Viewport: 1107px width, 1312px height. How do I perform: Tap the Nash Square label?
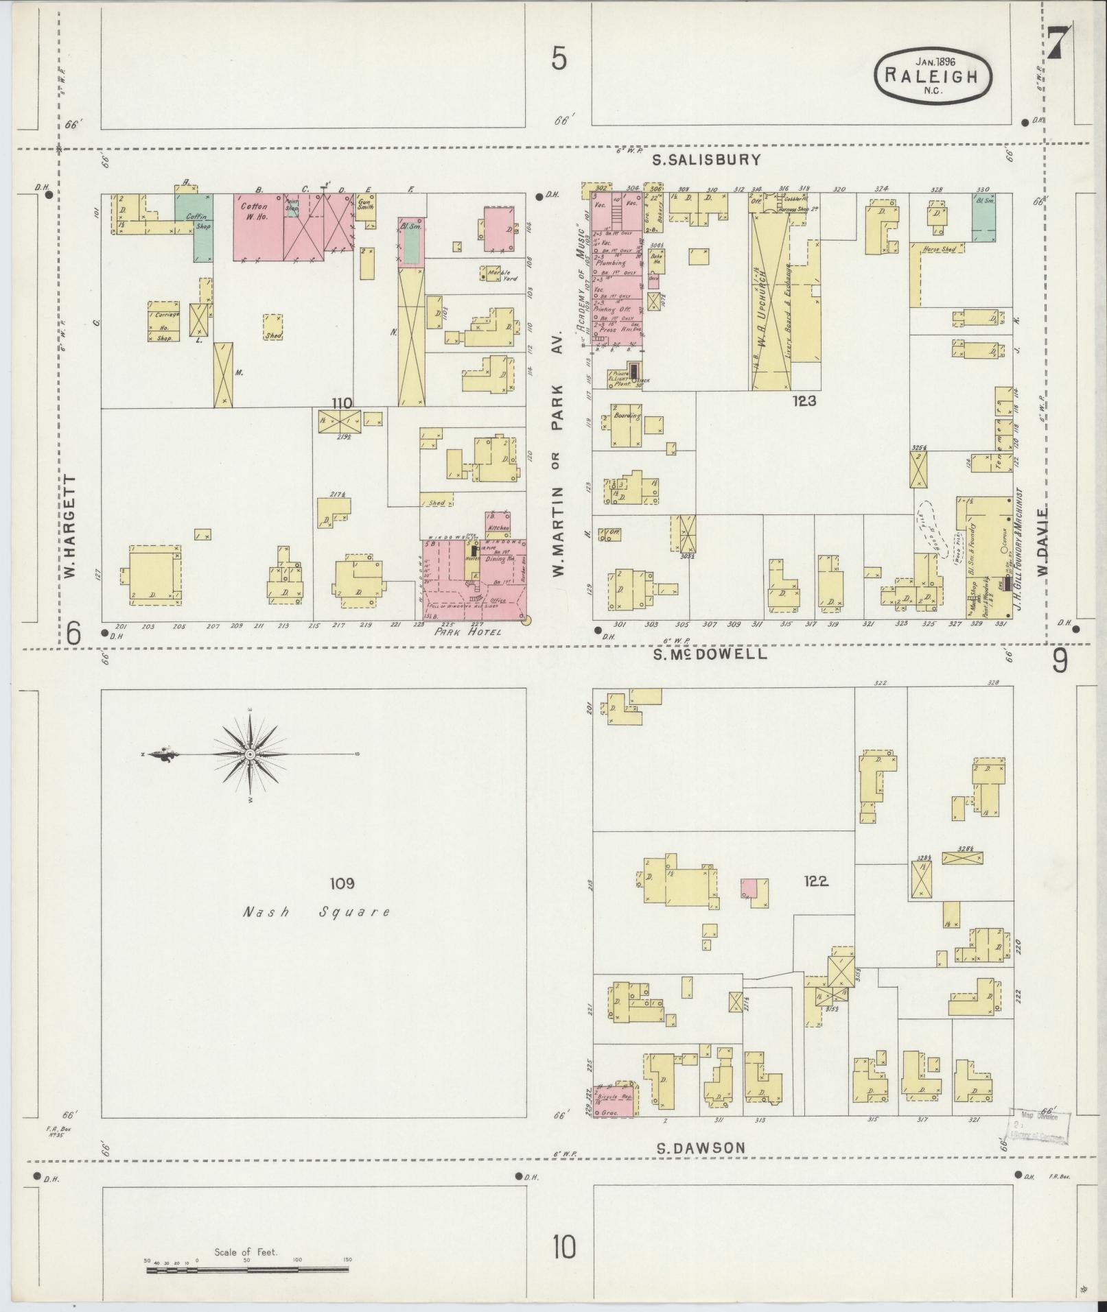pos(316,912)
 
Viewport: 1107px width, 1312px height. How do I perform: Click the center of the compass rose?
pos(250,754)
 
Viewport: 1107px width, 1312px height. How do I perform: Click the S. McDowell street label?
pos(709,654)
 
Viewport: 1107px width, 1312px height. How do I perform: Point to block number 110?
pos(341,403)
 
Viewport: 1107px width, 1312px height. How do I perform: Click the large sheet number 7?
pos(1058,42)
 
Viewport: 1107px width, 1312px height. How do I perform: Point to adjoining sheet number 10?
pos(564,1248)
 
